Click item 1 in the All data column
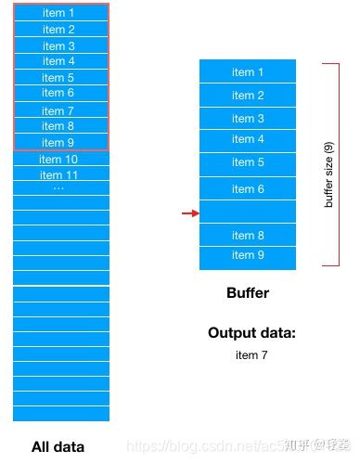click(60, 14)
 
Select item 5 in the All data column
click(60, 78)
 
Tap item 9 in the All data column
click(60, 142)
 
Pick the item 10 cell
click(60, 159)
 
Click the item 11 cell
click(60, 174)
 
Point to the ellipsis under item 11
click(59, 187)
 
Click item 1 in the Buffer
click(248, 72)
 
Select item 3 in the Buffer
click(248, 119)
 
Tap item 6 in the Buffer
click(248, 188)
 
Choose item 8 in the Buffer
click(248, 236)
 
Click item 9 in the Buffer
click(248, 255)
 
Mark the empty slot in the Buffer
click(248, 212)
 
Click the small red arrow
click(190, 213)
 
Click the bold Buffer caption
click(248, 293)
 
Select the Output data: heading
click(251, 333)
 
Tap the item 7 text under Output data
click(251, 354)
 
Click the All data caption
click(59, 446)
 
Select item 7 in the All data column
click(60, 110)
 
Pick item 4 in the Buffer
click(248, 139)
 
